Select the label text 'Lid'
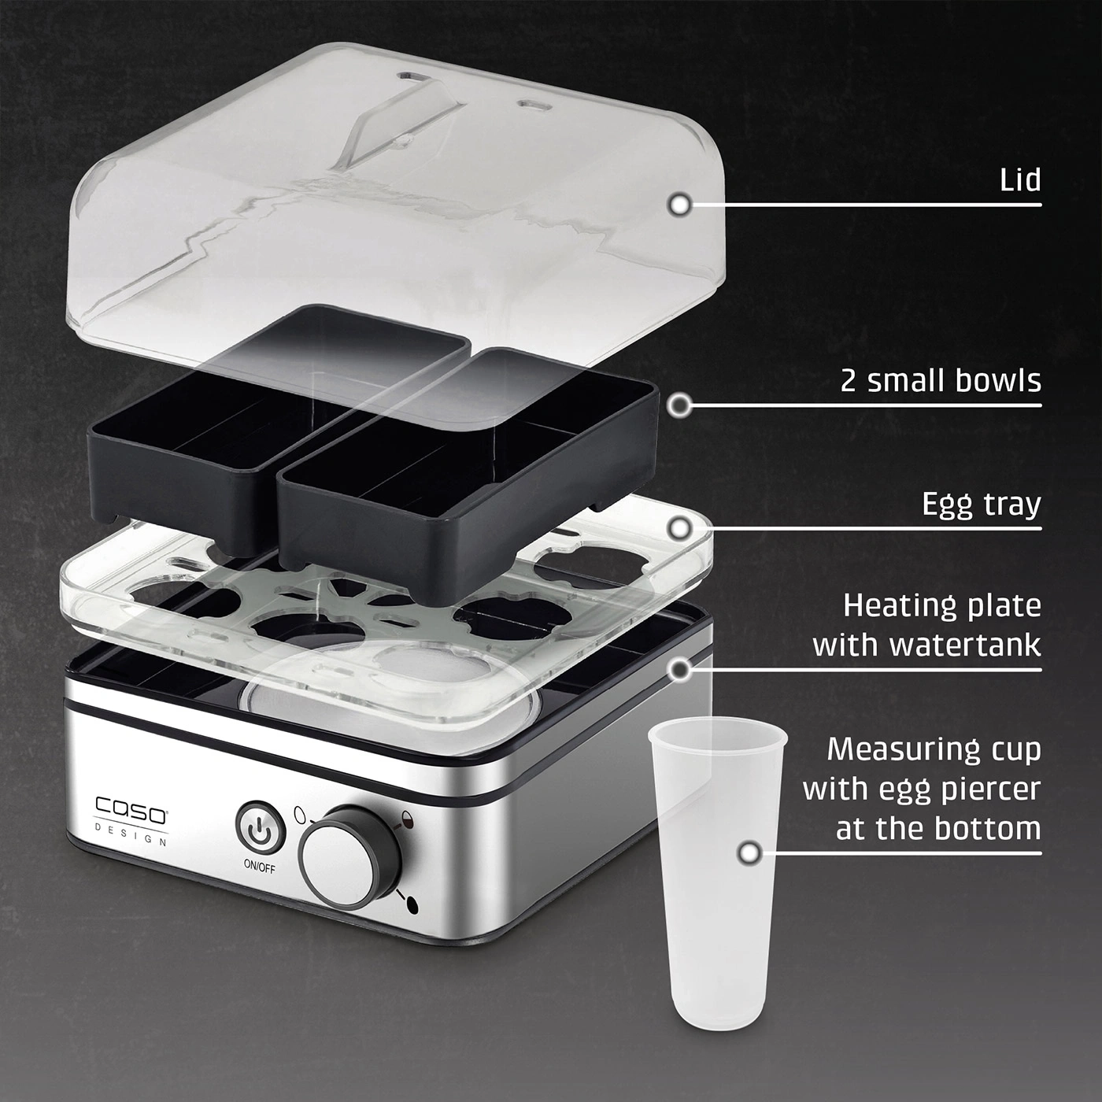point(1020,180)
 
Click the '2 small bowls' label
point(941,381)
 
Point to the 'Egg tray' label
point(982,505)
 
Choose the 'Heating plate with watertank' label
point(927,624)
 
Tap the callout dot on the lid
point(679,205)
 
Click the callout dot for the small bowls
point(679,406)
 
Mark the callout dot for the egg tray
point(679,528)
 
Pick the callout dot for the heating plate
point(679,670)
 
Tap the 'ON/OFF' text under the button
point(260,867)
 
